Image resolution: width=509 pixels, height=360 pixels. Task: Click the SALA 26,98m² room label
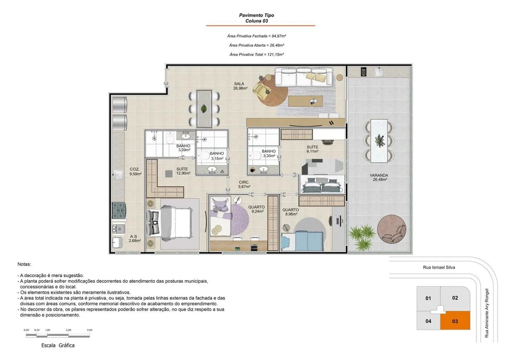click(240, 86)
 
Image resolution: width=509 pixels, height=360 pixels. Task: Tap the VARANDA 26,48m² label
click(379, 177)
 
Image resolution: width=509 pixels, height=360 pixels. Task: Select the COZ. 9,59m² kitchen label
click(136, 171)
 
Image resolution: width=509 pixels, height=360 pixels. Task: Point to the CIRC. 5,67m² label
click(244, 184)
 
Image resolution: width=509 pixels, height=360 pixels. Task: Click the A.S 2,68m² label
click(135, 238)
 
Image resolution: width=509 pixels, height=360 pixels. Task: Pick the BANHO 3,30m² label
click(269, 154)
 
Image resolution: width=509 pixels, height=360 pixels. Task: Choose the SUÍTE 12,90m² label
click(183, 171)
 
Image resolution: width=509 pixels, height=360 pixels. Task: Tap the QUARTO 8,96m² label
click(291, 212)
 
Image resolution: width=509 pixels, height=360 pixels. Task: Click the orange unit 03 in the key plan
click(455, 321)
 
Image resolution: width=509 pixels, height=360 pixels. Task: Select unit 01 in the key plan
click(428, 298)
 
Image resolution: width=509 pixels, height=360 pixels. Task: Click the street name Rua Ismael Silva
click(439, 267)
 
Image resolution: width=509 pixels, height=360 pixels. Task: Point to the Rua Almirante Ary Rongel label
click(487, 313)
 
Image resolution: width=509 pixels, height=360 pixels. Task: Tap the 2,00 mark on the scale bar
click(68, 330)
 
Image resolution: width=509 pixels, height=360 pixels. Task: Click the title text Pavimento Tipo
click(256, 15)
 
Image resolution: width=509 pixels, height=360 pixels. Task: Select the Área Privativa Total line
click(256, 54)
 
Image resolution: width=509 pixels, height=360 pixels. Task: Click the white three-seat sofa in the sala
click(304, 77)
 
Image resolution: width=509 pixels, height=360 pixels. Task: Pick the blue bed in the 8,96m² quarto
click(302, 241)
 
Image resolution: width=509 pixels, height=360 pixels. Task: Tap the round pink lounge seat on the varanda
click(391, 230)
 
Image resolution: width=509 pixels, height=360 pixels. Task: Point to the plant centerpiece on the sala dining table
click(204, 109)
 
